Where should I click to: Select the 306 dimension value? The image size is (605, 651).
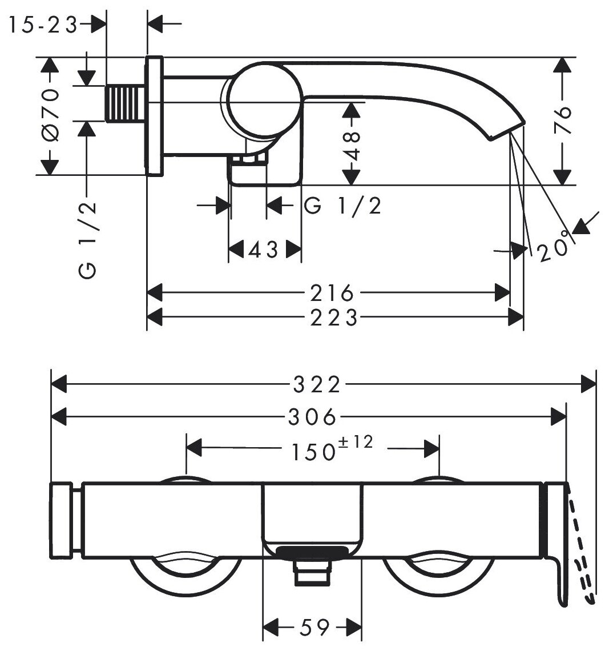(x=312, y=416)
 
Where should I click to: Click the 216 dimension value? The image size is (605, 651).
(x=332, y=293)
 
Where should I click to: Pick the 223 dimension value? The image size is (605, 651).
(x=332, y=317)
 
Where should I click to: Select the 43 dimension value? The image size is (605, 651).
(x=264, y=250)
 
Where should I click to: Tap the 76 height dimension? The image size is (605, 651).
(x=563, y=119)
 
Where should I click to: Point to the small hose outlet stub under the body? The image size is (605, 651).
(x=312, y=572)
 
